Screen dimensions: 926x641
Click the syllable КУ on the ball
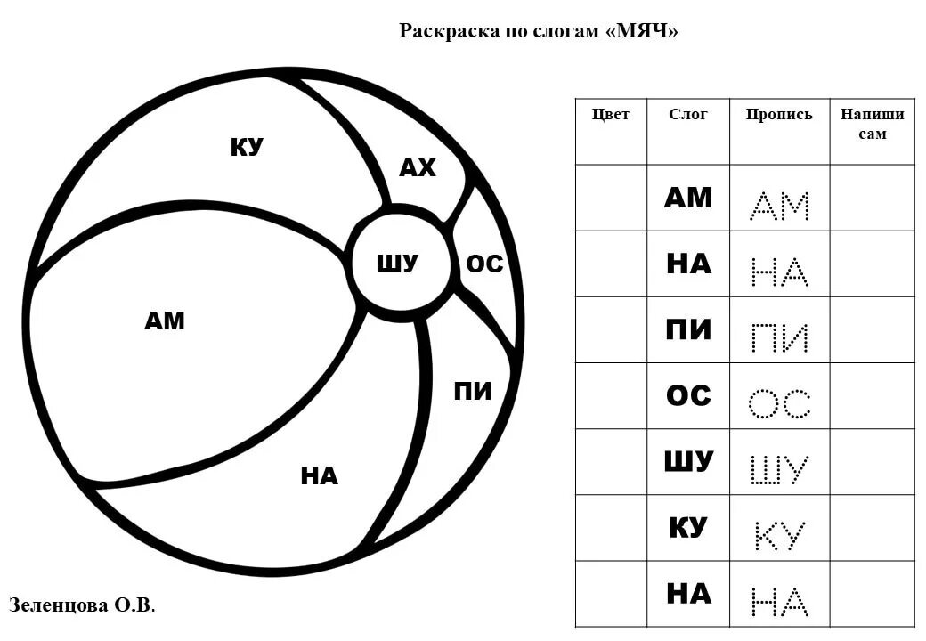(x=247, y=147)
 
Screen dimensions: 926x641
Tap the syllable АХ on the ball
(x=417, y=167)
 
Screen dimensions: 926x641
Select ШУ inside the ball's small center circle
(x=397, y=264)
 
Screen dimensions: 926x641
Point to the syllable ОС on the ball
(x=484, y=264)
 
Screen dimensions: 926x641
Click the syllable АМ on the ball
(x=165, y=320)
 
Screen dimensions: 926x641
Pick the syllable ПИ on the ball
(x=473, y=391)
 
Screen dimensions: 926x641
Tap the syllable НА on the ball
(x=319, y=476)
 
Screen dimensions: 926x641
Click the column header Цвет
(x=611, y=114)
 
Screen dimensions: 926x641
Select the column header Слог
(x=688, y=114)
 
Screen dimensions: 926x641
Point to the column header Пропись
(x=779, y=114)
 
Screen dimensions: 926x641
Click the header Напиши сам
(x=873, y=124)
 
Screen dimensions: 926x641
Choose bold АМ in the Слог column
(x=688, y=198)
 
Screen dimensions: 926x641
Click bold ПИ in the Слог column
(x=688, y=329)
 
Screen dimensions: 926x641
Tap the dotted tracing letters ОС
(x=780, y=403)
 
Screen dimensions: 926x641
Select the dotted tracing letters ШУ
(x=780, y=469)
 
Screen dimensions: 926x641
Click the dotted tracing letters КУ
(x=780, y=535)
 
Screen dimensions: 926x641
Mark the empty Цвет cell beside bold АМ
(x=611, y=198)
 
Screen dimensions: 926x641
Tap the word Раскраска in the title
(x=443, y=31)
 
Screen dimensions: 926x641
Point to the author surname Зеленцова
(x=58, y=605)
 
